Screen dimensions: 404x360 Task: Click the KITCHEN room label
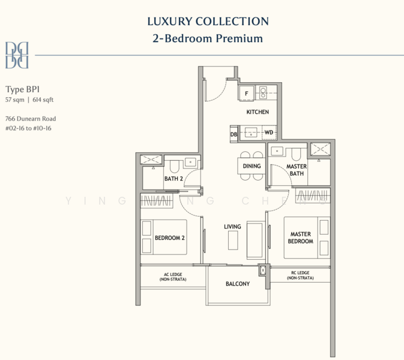click(x=258, y=112)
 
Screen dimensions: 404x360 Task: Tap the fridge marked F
click(x=246, y=93)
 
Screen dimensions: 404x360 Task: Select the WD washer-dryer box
click(x=269, y=133)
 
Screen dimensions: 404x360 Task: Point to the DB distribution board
click(x=234, y=134)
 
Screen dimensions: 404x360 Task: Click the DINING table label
click(x=252, y=166)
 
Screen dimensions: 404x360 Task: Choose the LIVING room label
click(x=232, y=227)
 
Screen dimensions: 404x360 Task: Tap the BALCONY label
click(x=238, y=284)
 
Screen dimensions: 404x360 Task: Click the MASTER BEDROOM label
click(x=300, y=238)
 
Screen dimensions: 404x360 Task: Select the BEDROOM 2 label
click(x=169, y=238)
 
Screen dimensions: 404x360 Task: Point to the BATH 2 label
click(x=173, y=179)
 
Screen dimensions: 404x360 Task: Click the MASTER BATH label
click(x=297, y=170)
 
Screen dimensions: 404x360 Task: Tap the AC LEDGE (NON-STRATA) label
click(x=173, y=277)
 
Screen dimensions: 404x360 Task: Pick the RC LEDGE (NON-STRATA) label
click(x=300, y=275)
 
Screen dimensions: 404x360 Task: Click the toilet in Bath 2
click(x=175, y=167)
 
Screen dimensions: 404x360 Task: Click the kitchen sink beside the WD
click(x=251, y=133)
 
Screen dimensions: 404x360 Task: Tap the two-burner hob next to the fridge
click(x=263, y=93)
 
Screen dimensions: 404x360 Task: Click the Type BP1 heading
click(x=22, y=89)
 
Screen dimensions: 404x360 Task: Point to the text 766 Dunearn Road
click(x=31, y=119)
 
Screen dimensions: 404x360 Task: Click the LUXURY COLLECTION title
click(x=208, y=22)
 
